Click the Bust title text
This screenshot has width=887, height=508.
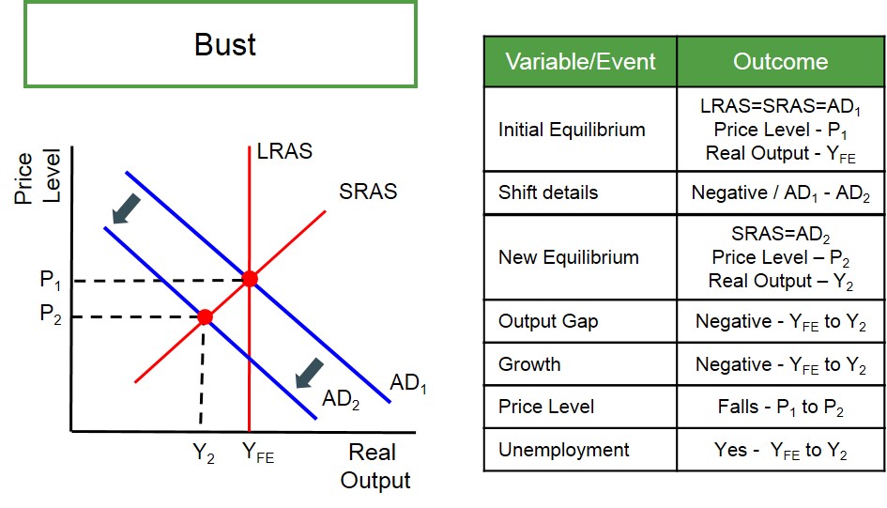[225, 44]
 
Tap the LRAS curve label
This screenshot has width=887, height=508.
[284, 151]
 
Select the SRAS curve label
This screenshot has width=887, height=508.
[368, 192]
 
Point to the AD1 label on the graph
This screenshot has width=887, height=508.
[408, 383]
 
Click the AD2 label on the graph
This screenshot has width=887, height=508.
[341, 399]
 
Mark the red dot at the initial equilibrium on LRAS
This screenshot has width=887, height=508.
[250, 278]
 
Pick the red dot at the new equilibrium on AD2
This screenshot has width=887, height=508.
[205, 316]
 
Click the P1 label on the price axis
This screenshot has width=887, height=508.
[51, 280]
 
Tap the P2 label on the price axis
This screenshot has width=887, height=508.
[51, 314]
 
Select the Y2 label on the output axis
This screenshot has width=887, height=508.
[204, 453]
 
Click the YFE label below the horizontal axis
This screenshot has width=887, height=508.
[258, 453]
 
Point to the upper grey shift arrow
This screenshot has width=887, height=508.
[126, 208]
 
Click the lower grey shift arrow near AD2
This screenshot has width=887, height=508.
[310, 374]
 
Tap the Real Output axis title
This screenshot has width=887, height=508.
[375, 466]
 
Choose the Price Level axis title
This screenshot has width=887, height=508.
[38, 177]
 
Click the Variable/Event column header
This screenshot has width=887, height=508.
[580, 61]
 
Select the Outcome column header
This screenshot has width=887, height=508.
[781, 61]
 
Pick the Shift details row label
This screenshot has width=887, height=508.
[547, 192]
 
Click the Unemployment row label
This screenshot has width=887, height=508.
[563, 450]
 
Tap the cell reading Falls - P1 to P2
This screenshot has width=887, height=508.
[781, 407]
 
